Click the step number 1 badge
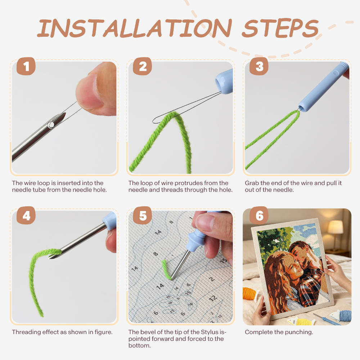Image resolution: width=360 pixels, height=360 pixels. pyautogui.click(x=26, y=66)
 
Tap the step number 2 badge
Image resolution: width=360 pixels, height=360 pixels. pyautogui.click(x=142, y=66)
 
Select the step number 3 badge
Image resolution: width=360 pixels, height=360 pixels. pyautogui.click(x=259, y=66)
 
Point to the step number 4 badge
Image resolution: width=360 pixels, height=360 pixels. pyautogui.click(x=26, y=215)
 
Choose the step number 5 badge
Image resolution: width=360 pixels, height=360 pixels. pyautogui.click(x=142, y=215)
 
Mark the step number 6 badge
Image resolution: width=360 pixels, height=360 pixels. pyautogui.click(x=259, y=215)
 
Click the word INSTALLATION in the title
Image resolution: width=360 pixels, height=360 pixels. pyautogui.click(x=134, y=28)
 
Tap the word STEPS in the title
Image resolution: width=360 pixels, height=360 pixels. pyautogui.click(x=280, y=28)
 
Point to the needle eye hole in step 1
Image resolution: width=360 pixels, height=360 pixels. pyautogui.click(x=51, y=125)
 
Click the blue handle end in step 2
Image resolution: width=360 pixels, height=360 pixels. pyautogui.click(x=224, y=81)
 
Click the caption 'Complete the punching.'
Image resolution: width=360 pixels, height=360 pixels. pyautogui.click(x=279, y=332)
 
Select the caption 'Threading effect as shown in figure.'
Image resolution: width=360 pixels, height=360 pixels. pyautogui.click(x=62, y=332)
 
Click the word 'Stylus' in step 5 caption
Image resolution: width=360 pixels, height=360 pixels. pyautogui.click(x=210, y=332)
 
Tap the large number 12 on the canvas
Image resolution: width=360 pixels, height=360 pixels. pyautogui.click(x=213, y=298)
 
